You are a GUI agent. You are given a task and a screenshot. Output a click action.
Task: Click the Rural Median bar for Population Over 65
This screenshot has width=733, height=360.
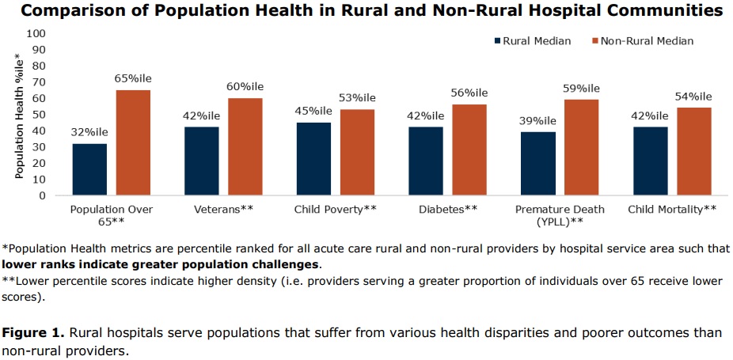coord(89,169)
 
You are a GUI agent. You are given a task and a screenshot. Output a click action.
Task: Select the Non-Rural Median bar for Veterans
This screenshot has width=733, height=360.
coord(245,146)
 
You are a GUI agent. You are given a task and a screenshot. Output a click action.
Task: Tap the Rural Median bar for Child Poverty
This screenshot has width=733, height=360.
coord(313,158)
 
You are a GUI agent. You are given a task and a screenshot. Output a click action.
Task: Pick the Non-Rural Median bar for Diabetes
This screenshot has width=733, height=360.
coord(469,150)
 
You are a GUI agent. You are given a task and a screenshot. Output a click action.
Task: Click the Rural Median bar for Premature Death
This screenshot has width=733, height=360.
coord(538,163)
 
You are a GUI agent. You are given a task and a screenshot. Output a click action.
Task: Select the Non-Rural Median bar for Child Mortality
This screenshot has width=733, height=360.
coord(693,151)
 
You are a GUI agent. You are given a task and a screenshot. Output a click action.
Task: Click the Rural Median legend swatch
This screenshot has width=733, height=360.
coord(497,41)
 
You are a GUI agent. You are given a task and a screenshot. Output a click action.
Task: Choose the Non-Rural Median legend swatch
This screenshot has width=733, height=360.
coord(595,41)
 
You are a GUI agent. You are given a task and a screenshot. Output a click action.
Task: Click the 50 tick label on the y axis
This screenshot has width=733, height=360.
coord(39,115)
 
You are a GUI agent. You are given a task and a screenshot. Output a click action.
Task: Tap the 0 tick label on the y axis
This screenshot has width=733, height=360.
coord(42,195)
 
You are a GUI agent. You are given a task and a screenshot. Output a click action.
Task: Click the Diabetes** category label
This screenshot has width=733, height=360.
coord(449,210)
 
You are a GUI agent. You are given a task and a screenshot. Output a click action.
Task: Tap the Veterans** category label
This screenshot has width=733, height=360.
coord(224,210)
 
